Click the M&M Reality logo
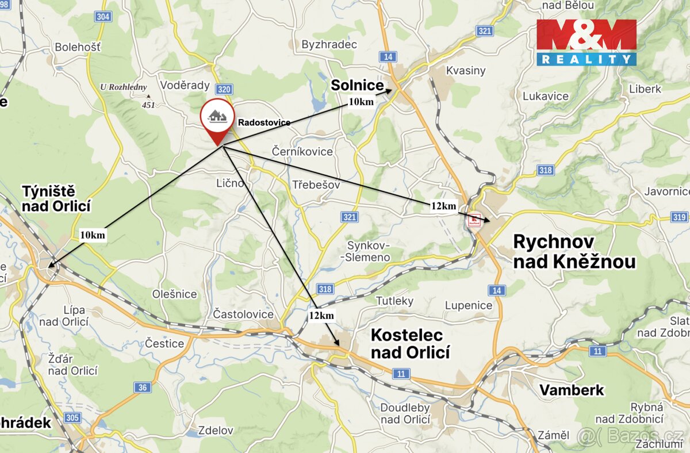[586, 42]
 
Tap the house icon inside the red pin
[217, 117]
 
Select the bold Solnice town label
[356, 86]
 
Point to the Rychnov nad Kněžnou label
[574, 251]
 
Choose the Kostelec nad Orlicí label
[410, 343]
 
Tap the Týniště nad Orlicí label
[56, 198]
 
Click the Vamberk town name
[572, 390]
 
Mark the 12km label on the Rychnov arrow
[443, 206]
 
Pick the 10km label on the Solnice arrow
[361, 102]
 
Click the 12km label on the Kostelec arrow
[321, 316]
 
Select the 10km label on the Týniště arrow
[93, 235]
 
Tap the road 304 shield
[103, 16]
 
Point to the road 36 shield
[143, 387]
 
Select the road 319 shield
[678, 217]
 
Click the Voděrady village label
[185, 85]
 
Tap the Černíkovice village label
[302, 152]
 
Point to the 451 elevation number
[148, 105]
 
